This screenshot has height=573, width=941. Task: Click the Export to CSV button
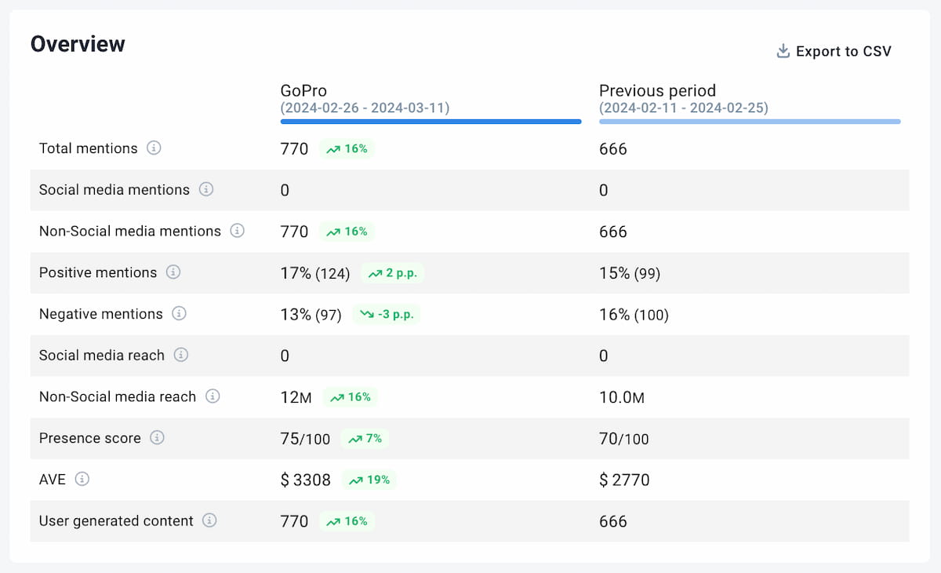834,52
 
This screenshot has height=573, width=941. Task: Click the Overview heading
78,44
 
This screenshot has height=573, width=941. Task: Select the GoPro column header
303,91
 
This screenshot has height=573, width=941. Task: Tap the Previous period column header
657,91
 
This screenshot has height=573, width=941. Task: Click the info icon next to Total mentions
154,148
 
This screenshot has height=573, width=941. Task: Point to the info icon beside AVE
82,479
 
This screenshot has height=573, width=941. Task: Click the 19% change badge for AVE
370,480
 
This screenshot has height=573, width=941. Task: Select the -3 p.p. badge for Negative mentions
387,315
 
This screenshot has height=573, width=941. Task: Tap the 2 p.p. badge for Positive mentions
394,273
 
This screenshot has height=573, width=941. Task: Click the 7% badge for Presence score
365,439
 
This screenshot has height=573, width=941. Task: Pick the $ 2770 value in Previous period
624,480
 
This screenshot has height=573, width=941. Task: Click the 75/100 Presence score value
305,439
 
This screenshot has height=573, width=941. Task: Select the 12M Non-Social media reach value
296,397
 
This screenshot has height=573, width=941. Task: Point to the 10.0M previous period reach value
622,397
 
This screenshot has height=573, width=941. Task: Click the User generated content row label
116,521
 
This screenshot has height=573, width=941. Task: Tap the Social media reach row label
102,356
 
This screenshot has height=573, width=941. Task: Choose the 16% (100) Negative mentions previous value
634,315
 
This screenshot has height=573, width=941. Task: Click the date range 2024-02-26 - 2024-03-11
365,108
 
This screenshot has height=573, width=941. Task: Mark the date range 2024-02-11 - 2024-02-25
684,108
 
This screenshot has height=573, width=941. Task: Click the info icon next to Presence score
157,438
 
